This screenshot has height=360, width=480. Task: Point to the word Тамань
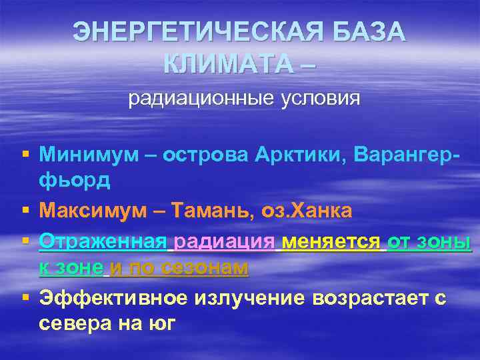click(212, 211)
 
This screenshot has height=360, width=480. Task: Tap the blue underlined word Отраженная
click(104, 241)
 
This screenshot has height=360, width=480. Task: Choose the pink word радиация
click(225, 241)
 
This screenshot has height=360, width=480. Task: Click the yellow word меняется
click(331, 241)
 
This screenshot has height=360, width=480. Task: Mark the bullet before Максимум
click(25, 211)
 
